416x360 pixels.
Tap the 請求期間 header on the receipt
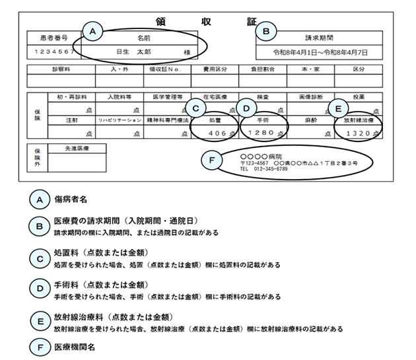click(320, 38)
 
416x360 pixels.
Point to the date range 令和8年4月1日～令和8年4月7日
click(320, 51)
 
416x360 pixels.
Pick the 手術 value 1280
click(260, 133)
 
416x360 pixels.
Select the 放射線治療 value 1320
click(355, 133)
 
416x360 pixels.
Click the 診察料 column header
click(60, 69)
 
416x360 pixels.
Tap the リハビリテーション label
click(120, 122)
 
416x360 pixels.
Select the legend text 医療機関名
click(75, 345)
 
